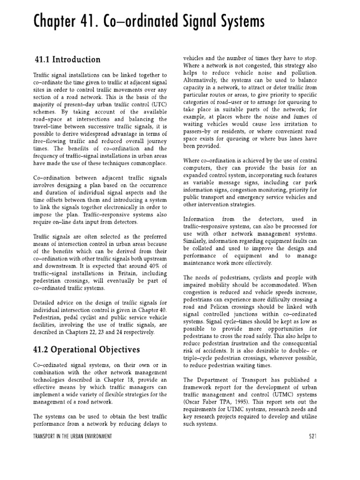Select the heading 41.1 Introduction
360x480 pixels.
[67, 60]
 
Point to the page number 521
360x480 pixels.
[313, 436]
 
